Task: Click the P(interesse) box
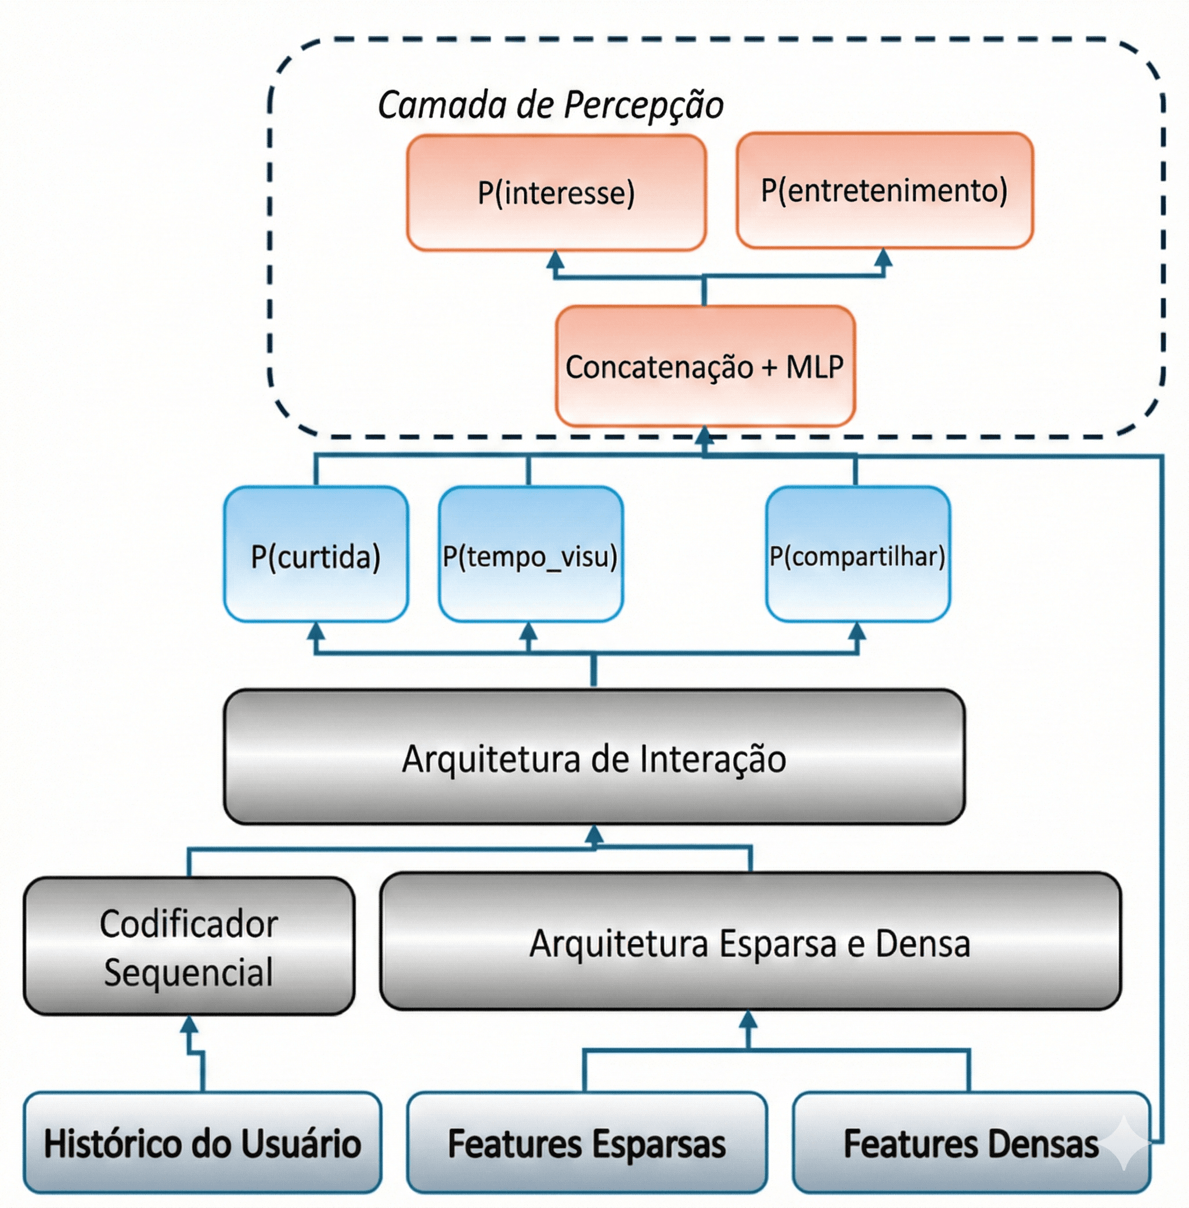(x=556, y=192)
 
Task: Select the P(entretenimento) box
(x=884, y=190)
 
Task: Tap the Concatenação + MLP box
(x=704, y=366)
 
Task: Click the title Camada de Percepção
(x=550, y=105)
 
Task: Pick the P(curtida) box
(x=316, y=555)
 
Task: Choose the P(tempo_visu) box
(x=530, y=555)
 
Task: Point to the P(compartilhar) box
(x=857, y=555)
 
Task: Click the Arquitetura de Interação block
(x=594, y=757)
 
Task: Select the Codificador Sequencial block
(x=189, y=946)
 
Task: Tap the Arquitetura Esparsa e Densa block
(x=750, y=941)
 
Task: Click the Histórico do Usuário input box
(x=203, y=1142)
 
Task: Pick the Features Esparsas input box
(x=586, y=1142)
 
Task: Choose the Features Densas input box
(x=971, y=1142)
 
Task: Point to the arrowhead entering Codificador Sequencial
(x=189, y=1025)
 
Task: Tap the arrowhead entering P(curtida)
(x=316, y=631)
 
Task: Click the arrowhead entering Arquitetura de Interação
(x=594, y=834)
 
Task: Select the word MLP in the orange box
(x=815, y=366)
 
